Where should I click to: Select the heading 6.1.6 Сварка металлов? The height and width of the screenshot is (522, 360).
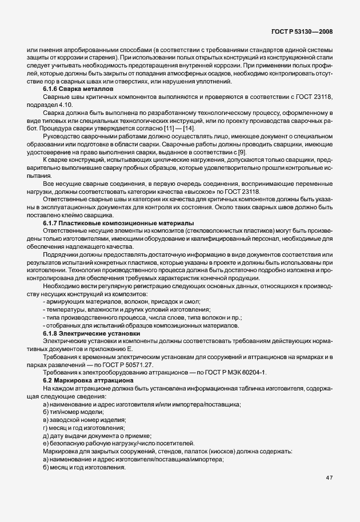pyautogui.click(x=78, y=90)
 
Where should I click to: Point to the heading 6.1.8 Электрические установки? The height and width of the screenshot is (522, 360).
pyautogui.click(x=95, y=333)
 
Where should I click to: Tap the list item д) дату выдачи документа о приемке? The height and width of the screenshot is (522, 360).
pyautogui.click(x=98, y=436)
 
